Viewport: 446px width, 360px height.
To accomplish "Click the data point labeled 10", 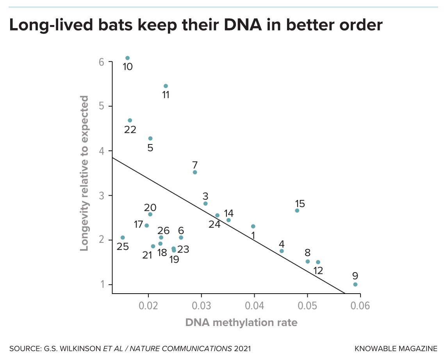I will tap(127, 58).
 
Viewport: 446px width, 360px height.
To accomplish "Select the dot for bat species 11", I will tap(166, 86).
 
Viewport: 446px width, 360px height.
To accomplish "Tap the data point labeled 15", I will tap(297, 210).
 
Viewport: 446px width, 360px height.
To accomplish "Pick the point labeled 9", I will tap(355, 284).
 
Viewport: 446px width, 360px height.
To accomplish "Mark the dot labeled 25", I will tap(123, 237).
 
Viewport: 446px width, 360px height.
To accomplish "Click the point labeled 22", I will tap(130, 120).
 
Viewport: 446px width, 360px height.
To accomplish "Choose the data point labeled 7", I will tap(195, 172).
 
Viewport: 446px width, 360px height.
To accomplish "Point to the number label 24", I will tap(214, 225).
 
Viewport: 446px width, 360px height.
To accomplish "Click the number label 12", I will tap(318, 270).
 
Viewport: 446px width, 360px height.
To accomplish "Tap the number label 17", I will tap(138, 225).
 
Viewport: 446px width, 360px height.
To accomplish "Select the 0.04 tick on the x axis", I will tap(255, 305).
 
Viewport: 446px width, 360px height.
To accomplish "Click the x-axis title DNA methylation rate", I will tap(241, 323).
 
